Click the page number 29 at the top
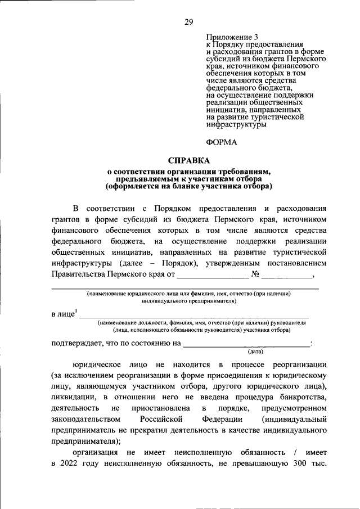188,22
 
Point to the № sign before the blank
255,275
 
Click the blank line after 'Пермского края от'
212,276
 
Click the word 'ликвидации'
72,397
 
